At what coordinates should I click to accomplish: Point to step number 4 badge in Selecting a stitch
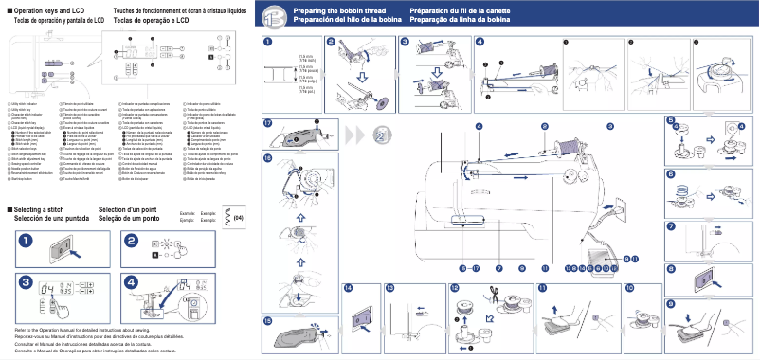point(133,282)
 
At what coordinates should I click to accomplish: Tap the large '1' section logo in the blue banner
point(273,15)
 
